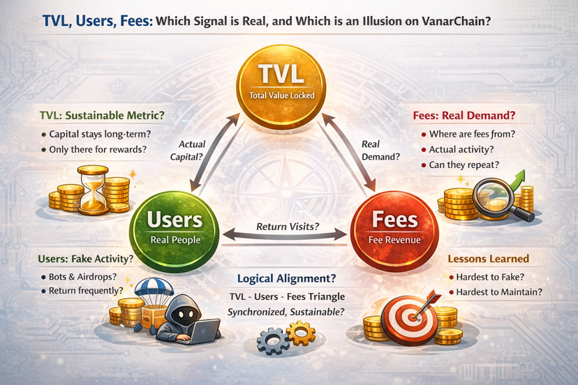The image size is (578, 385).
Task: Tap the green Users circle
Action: tap(175, 227)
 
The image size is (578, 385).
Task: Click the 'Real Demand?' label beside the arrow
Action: tap(380, 150)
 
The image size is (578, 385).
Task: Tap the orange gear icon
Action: tap(302, 333)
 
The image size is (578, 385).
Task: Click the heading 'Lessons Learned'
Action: tap(488, 259)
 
